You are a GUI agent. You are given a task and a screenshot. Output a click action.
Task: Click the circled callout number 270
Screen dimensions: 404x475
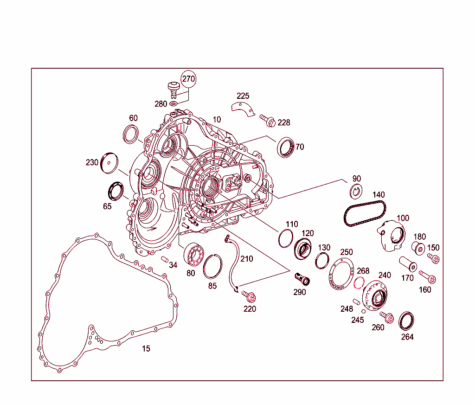(188, 79)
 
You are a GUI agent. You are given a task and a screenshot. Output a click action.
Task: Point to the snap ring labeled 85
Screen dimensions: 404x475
(213, 267)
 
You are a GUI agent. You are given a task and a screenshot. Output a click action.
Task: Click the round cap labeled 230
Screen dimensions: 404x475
(110, 163)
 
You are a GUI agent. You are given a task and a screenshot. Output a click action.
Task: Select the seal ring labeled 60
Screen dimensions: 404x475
(131, 135)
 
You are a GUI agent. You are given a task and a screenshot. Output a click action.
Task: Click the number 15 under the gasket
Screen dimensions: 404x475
(146, 349)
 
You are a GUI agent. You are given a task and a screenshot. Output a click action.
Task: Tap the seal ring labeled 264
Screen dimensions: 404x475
(406, 321)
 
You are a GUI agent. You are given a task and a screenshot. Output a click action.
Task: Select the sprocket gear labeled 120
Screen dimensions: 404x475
(303, 250)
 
